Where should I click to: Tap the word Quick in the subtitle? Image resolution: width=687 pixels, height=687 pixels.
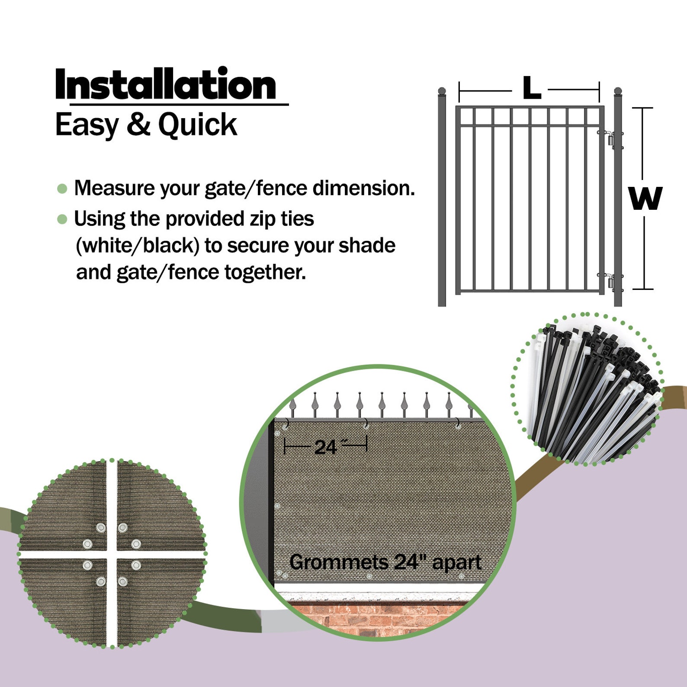pos(197,125)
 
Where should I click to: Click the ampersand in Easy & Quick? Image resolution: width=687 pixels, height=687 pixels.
pos(138,124)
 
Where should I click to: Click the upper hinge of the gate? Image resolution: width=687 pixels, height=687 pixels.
pos(610,139)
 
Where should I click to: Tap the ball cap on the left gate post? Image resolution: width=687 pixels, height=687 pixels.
pos(442,91)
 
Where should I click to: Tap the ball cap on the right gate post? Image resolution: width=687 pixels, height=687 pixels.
pos(618,91)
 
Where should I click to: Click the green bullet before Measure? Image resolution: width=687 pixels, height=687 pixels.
pos(62,189)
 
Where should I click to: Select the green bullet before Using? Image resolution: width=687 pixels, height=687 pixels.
pos(62,219)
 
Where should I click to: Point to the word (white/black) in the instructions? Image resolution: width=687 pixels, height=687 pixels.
pos(137,246)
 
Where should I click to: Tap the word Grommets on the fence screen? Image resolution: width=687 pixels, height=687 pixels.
pos(338,562)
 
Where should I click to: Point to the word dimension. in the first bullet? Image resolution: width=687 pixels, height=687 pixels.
pos(363,188)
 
